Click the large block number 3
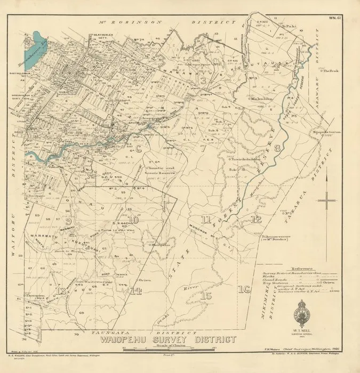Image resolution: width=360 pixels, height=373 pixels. [x=203, y=81]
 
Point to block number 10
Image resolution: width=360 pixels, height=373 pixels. [x=133, y=220]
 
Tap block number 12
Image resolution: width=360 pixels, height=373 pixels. [x=257, y=219]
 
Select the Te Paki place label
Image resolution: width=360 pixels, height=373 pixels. [x=289, y=25]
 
